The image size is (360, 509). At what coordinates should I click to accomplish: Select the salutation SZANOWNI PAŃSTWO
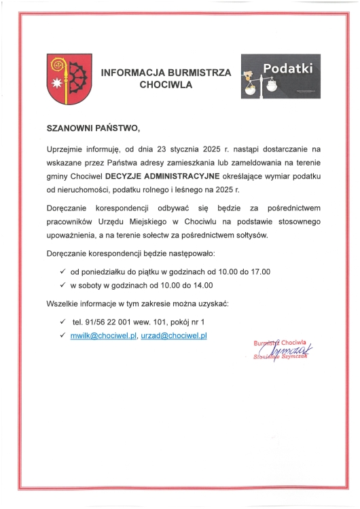[x=92, y=128]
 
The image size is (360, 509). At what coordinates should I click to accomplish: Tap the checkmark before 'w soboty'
[x=62, y=286]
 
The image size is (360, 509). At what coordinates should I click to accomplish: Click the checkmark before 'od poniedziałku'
[x=62, y=271]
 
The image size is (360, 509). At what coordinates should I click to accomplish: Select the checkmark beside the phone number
[x=62, y=321]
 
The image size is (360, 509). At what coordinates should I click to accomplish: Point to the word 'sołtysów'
[x=251, y=235]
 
